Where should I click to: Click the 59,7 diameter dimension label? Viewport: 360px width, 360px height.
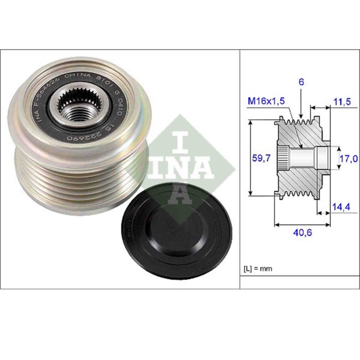coord(260,159)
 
